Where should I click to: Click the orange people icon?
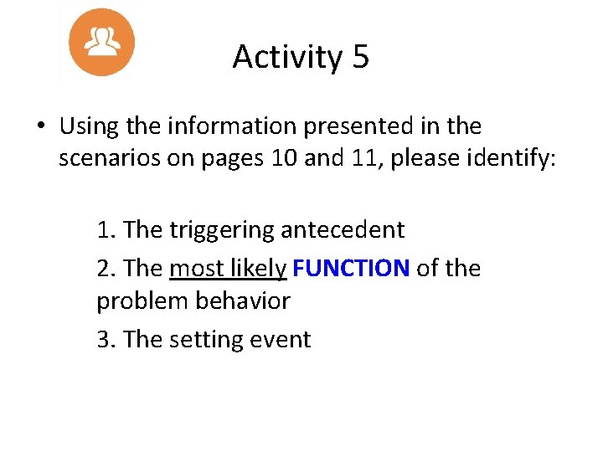pyautogui.click(x=102, y=41)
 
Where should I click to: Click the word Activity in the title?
pyautogui.click(x=285, y=57)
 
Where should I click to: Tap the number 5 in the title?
pyautogui.click(x=360, y=57)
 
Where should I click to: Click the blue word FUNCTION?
pyautogui.click(x=352, y=268)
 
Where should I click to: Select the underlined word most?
pyautogui.click(x=193, y=268)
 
